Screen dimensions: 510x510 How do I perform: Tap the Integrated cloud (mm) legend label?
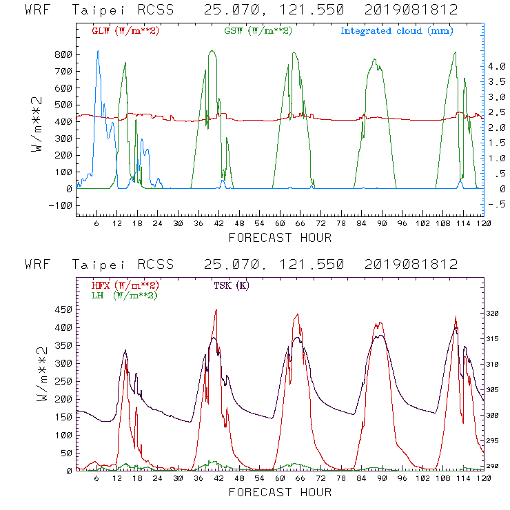pyautogui.click(x=397, y=31)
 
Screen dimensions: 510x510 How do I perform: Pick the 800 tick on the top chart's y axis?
pyautogui.click(x=63, y=54)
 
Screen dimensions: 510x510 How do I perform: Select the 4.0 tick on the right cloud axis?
pyautogui.click(x=498, y=67)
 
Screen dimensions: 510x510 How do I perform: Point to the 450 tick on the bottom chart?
pyautogui.click(x=63, y=309)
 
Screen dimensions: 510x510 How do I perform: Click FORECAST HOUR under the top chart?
pyautogui.click(x=280, y=238)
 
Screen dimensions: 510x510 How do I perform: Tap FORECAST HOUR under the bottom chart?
pyautogui.click(x=280, y=493)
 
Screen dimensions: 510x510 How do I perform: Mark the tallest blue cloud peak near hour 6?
pyautogui.click(x=98, y=52)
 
